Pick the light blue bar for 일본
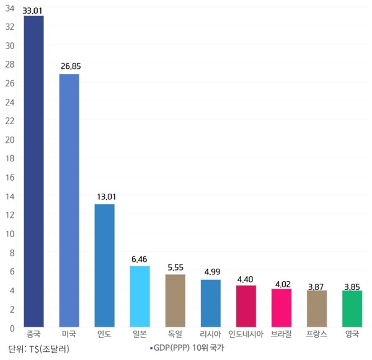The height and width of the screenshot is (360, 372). [140, 296]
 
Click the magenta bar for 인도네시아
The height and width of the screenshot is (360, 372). [246, 306]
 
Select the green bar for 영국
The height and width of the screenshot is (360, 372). [352, 308]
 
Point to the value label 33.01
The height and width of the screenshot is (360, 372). [33, 10]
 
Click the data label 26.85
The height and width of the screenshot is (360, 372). [69, 65]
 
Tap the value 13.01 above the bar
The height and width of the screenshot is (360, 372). [105, 196]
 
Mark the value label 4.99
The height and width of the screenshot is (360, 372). [211, 272]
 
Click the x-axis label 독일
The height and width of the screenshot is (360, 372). [175, 336]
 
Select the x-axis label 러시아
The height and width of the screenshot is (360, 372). [211, 336]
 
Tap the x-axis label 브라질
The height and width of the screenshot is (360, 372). [281, 336]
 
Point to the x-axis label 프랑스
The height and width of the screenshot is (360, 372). [317, 336]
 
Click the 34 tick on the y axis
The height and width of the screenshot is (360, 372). [10, 7]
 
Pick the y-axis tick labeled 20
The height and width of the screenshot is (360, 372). [10, 140]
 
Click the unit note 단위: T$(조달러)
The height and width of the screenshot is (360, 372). [39, 349]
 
